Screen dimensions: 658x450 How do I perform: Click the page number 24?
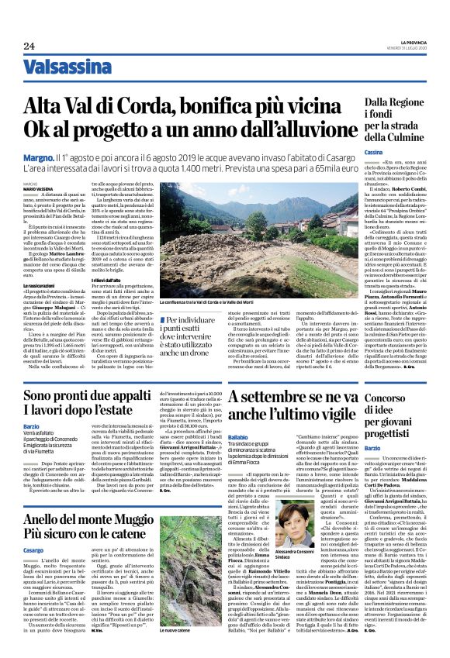pos(29,47)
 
